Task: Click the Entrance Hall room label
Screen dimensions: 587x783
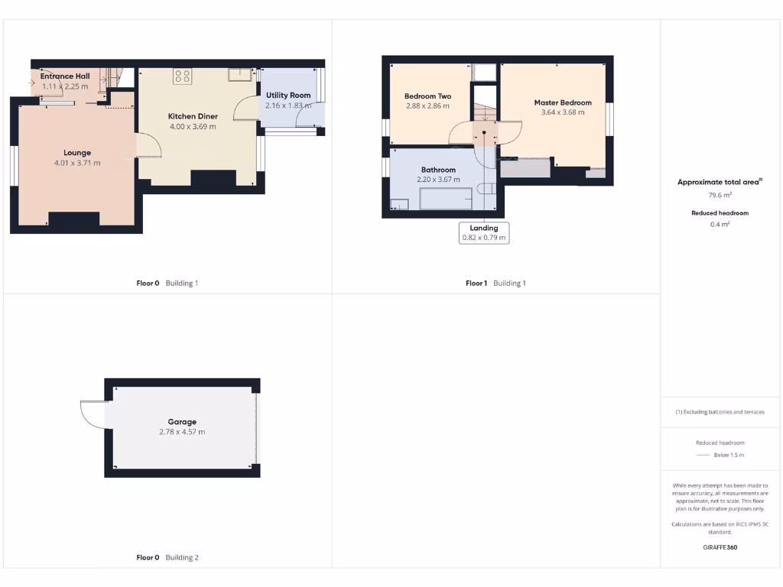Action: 65,76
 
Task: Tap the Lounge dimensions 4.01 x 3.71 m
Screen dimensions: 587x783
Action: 77,163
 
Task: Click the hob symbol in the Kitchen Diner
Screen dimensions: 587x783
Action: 183,75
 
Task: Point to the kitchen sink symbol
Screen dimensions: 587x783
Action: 240,74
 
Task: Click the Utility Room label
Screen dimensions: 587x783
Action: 288,95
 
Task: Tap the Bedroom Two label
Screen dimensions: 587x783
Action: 427,96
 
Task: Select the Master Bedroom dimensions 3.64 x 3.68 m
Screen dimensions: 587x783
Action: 563,112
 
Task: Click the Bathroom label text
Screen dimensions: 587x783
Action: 438,170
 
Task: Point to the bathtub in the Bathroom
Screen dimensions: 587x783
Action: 446,199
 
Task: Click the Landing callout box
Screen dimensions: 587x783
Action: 483,232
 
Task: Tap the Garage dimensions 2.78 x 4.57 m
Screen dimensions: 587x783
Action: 182,432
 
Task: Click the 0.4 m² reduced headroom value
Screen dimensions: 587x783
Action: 720,224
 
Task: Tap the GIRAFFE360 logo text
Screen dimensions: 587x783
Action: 720,547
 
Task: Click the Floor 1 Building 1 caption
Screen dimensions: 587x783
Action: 495,284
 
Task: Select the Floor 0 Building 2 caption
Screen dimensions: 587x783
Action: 167,558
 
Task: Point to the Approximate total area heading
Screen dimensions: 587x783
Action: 720,182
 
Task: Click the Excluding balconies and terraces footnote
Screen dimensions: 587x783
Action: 720,412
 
